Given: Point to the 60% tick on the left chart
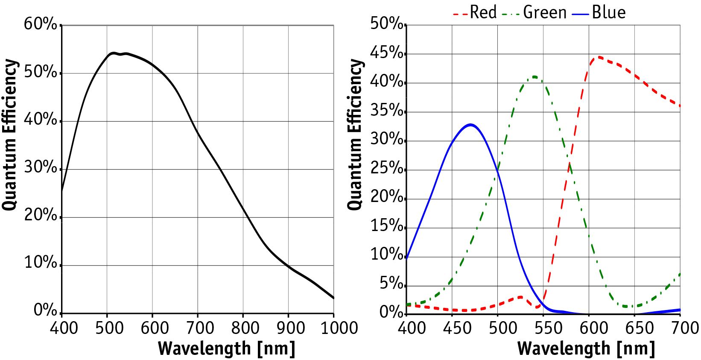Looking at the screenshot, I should (41, 24).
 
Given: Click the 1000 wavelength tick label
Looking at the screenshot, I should (334, 328).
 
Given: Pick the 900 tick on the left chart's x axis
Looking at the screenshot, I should (289, 328).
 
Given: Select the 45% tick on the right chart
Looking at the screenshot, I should (388, 54).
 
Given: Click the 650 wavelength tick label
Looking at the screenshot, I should (635, 328).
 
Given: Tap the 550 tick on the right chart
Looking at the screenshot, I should (543, 328).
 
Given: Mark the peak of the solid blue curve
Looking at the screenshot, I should (470, 125).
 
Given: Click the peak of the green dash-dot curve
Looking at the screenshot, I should (534, 77).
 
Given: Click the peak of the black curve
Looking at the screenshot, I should (113, 53).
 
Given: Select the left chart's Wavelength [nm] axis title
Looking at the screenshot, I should (226, 348).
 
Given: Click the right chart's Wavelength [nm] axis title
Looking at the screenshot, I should (586, 348).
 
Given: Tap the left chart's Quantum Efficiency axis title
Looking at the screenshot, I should (10, 135).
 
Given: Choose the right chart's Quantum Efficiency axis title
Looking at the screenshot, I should (355, 135).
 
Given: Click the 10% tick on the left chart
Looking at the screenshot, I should (41, 263).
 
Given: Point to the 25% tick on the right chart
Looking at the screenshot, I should (388, 170).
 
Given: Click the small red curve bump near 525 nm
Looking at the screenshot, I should (520, 297).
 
